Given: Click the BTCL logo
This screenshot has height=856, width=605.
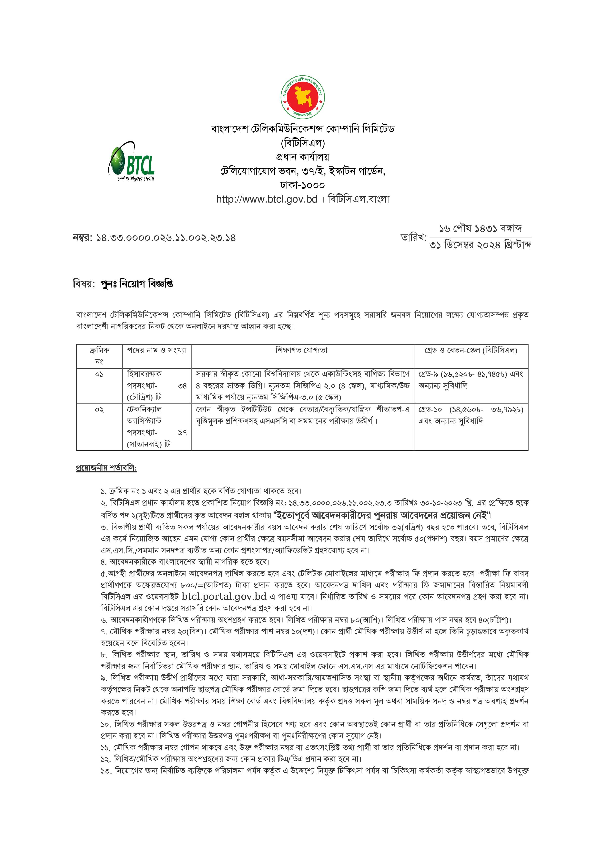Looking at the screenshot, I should (x=131, y=162).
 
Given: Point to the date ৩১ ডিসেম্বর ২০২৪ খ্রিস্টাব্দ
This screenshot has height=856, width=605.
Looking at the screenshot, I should (x=480, y=245).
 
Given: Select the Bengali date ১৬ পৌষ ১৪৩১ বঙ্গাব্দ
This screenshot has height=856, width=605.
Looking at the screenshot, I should (x=480, y=228).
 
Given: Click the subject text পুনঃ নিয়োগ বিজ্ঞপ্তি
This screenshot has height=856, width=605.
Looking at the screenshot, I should (x=137, y=284).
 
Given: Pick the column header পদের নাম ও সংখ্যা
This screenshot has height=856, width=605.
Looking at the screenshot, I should (x=157, y=350).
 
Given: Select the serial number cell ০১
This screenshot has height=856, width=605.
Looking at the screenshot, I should (x=99, y=374).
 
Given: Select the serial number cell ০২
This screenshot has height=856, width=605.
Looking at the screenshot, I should (x=99, y=410).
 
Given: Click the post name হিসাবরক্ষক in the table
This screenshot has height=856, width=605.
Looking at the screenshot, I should (x=144, y=374).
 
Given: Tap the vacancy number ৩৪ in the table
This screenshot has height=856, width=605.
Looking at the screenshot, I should (x=182, y=386).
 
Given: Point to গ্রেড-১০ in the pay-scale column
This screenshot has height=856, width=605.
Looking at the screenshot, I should (x=430, y=410).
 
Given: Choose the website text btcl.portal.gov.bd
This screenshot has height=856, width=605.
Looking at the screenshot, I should (x=224, y=596).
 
